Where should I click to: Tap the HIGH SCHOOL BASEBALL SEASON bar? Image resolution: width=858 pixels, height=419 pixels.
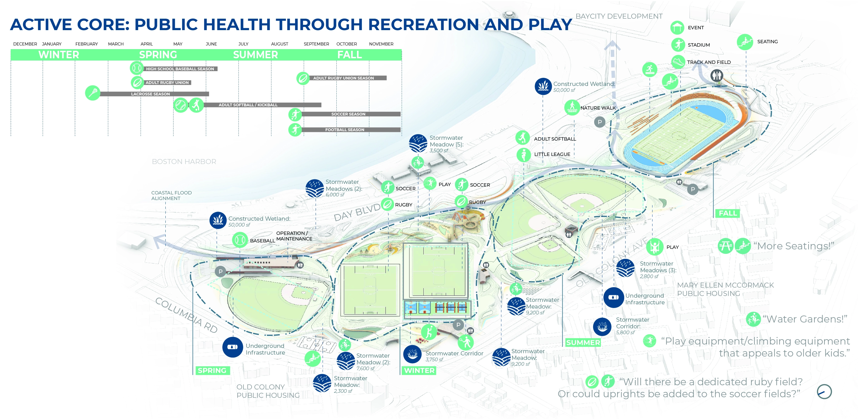(180, 69)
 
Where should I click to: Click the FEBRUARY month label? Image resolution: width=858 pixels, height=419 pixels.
(86, 44)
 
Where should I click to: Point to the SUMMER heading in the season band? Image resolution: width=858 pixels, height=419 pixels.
(256, 55)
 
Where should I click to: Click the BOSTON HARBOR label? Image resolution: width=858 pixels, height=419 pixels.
(184, 162)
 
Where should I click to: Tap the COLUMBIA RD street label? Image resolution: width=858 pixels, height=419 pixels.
(187, 315)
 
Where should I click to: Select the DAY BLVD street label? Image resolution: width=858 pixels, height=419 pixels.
(357, 212)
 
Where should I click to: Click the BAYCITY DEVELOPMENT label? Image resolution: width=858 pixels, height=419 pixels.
(619, 16)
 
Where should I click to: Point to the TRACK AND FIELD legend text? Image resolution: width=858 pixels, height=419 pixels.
(709, 62)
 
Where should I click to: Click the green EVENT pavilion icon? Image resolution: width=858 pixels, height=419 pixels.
(677, 28)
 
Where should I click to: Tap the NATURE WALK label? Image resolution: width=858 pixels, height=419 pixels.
(598, 108)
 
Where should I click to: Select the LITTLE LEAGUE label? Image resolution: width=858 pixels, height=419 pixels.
(552, 154)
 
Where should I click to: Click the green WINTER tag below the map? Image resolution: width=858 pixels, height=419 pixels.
(419, 370)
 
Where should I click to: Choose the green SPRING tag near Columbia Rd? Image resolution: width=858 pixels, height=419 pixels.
(212, 370)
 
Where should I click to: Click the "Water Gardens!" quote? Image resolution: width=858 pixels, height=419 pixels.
(806, 319)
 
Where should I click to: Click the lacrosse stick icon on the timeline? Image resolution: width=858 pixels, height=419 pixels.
(93, 93)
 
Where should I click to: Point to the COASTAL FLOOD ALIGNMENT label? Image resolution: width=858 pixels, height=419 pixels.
(171, 196)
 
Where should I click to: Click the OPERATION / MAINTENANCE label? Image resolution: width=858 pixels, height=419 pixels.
(294, 236)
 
